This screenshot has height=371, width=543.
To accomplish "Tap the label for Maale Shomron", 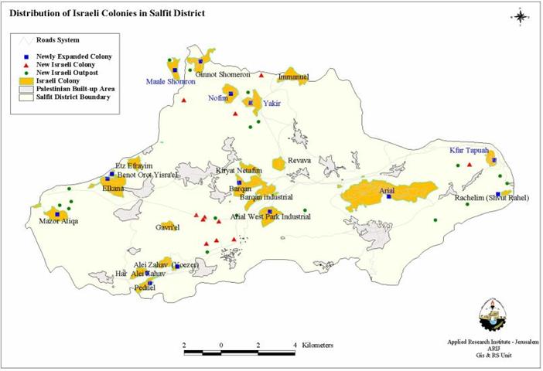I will (171, 81).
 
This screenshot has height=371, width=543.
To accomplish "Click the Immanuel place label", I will (293, 77).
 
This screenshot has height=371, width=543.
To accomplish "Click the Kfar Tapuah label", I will (469, 151).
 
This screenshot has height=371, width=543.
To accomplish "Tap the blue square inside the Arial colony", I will (389, 196).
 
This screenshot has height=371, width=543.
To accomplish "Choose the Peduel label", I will (145, 288).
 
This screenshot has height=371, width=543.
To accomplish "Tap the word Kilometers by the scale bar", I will (318, 344).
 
